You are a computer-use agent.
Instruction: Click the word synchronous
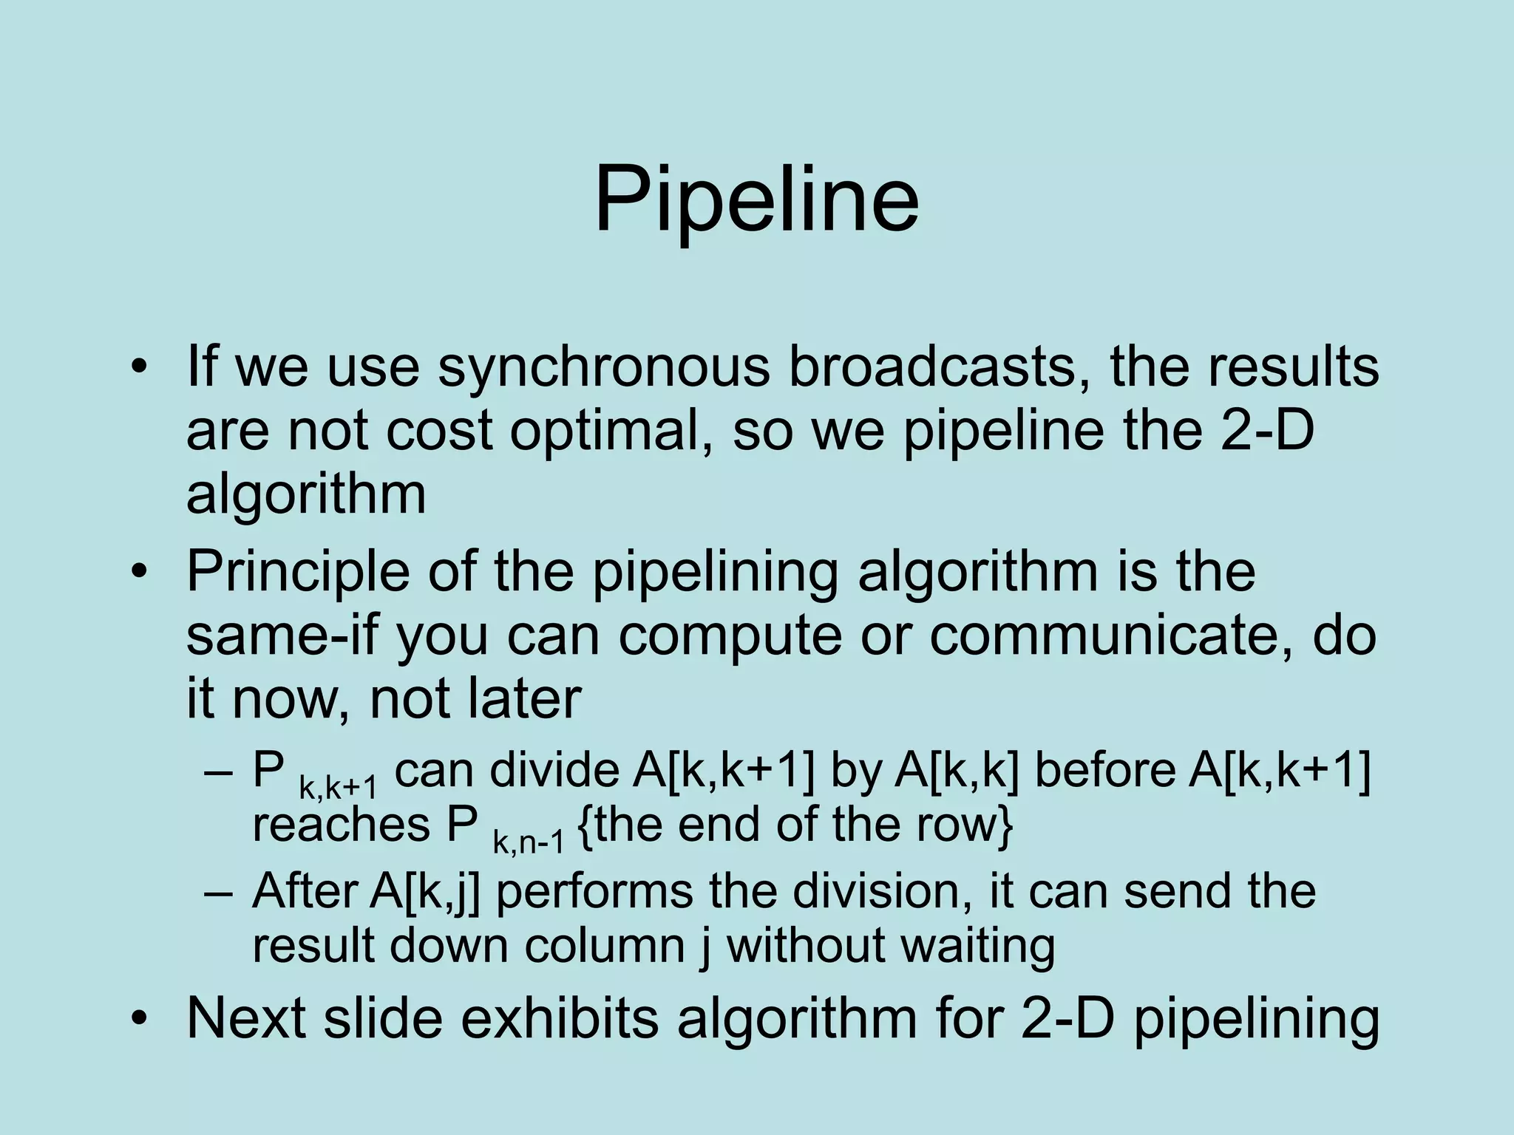[603, 367]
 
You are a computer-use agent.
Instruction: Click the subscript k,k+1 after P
[338, 788]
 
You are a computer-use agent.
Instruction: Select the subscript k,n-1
[528, 842]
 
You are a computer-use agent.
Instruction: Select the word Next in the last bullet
[245, 1018]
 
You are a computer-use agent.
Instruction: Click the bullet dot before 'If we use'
[139, 368]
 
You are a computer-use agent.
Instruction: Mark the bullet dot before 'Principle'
[139, 573]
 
